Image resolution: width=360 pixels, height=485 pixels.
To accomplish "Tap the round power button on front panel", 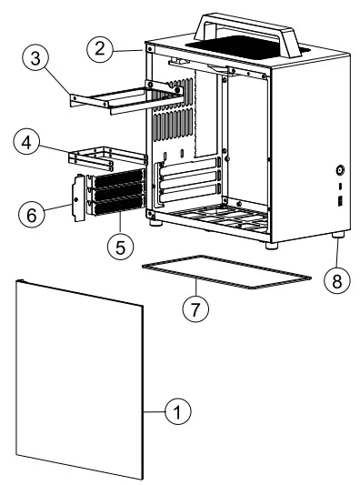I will (338, 169).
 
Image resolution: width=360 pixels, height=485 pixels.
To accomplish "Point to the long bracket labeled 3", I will (127, 96).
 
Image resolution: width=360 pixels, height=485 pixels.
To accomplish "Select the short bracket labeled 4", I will (109, 157).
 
